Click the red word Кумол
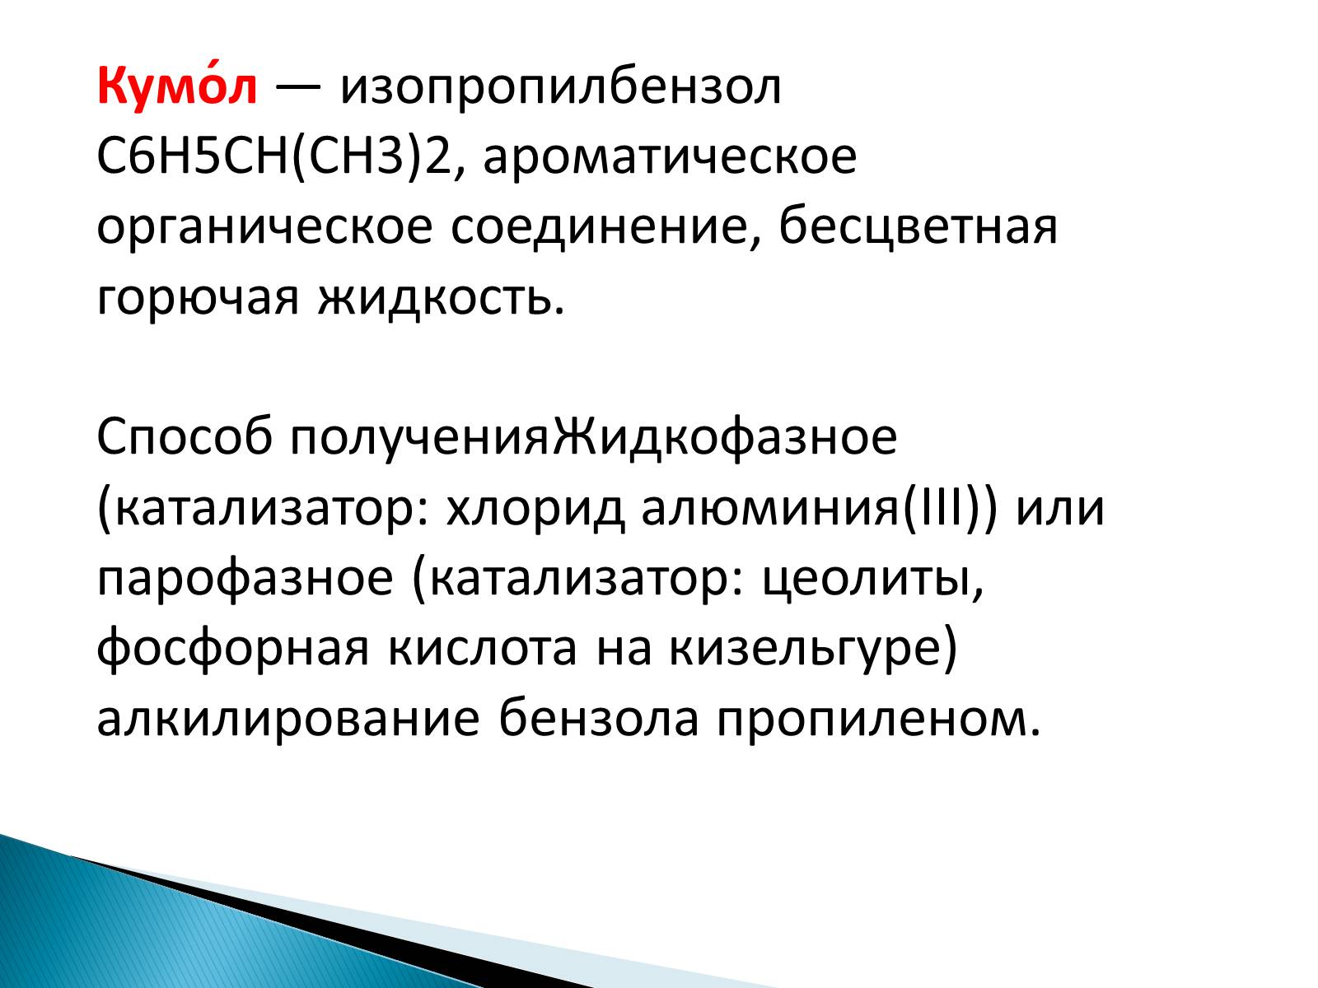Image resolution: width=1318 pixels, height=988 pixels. point(177,86)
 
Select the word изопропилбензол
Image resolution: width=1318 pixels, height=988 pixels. point(560,87)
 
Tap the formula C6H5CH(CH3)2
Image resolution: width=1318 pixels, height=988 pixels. point(273,157)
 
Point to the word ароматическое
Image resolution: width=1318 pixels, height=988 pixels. point(670,157)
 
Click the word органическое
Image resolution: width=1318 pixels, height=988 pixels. point(264,227)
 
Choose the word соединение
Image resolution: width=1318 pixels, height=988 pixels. point(604,227)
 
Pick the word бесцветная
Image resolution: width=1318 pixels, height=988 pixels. point(918,227)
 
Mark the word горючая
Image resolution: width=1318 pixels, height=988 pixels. point(198,297)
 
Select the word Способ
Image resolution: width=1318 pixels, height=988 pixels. point(184,437)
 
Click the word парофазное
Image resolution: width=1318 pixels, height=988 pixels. point(245,578)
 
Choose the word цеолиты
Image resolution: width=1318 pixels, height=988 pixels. point(873,579)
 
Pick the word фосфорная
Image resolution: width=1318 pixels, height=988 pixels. point(232,649)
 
